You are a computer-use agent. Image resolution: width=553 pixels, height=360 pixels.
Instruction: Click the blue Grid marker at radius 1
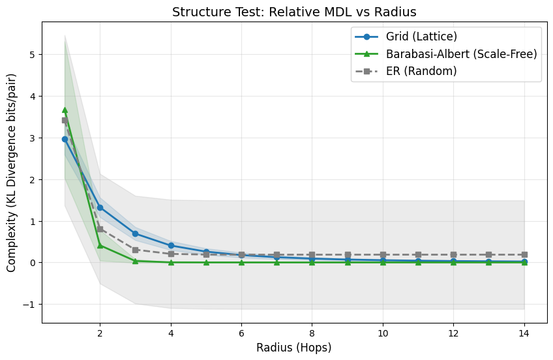(65, 139)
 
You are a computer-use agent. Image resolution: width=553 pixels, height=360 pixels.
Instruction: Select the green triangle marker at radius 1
(65, 110)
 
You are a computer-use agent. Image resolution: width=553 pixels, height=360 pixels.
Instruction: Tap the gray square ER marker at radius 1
(65, 120)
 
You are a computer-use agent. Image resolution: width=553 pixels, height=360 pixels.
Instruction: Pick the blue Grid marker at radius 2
(100, 207)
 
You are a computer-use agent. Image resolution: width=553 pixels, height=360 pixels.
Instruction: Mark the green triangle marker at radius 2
(100, 245)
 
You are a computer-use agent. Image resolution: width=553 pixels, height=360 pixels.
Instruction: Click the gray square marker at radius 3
(135, 250)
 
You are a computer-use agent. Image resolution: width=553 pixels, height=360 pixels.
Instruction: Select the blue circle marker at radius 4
(171, 245)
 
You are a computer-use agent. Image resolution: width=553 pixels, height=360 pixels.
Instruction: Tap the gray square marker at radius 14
(524, 254)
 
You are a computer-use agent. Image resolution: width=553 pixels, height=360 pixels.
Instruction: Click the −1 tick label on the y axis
(27, 305)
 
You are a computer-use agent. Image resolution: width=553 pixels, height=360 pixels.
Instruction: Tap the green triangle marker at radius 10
(383, 262)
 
